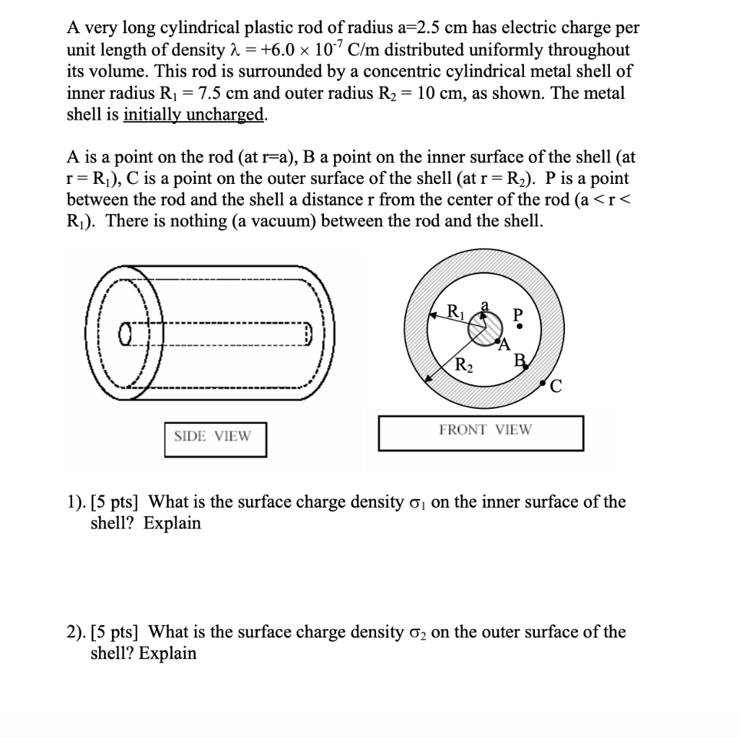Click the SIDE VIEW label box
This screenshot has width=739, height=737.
point(214,437)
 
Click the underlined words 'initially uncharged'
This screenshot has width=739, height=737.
point(193,115)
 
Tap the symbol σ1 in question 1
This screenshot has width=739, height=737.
point(419,503)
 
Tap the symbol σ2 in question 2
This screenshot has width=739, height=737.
point(419,633)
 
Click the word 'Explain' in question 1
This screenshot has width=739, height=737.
point(172,524)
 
